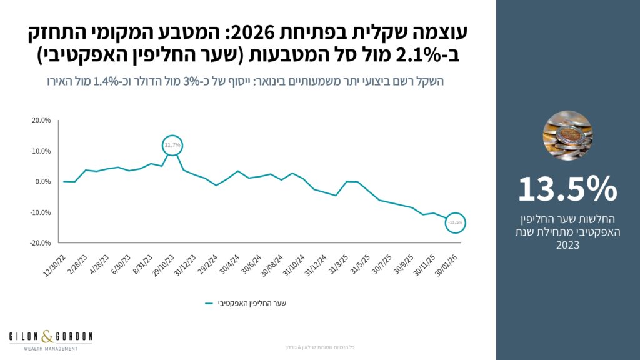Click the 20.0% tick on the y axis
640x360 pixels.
(x=41, y=121)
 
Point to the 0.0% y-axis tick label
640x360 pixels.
(x=42, y=182)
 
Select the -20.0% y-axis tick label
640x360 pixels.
(x=41, y=242)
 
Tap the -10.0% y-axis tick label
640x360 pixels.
(x=41, y=212)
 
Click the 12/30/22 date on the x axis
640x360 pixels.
(x=54, y=265)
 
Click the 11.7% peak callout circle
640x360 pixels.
(x=172, y=145)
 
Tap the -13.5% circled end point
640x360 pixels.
(x=455, y=222)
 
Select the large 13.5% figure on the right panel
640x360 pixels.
(x=567, y=189)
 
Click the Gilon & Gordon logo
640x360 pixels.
(x=51, y=338)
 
